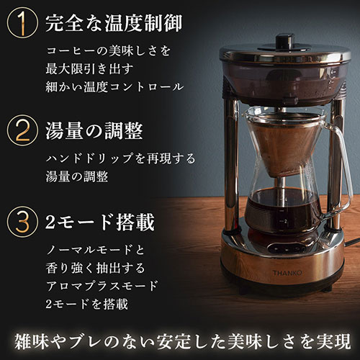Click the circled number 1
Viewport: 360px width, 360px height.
click(x=22, y=23)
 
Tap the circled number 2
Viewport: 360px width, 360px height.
click(x=22, y=130)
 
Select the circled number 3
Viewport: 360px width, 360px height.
click(x=22, y=222)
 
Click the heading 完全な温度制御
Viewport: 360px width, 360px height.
click(x=114, y=23)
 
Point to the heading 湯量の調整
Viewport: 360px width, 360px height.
click(x=94, y=130)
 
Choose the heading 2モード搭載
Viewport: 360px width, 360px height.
click(x=99, y=222)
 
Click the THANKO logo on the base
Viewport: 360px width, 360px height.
click(x=287, y=273)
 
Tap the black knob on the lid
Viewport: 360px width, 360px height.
click(x=285, y=42)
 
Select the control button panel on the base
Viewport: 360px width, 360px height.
click(x=285, y=248)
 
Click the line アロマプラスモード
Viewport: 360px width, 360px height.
click(x=102, y=286)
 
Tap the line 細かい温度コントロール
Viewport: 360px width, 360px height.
click(x=114, y=86)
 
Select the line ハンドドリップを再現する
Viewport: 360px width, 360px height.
click(x=120, y=158)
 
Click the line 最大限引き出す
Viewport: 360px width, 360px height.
click(x=89, y=69)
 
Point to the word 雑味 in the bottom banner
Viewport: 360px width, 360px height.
click(x=32, y=341)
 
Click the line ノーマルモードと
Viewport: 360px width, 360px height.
click(x=95, y=250)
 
